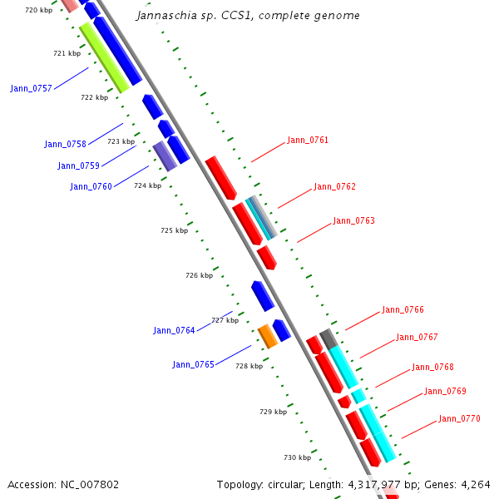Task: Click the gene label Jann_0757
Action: coord(31,88)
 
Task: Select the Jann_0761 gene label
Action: coord(308,140)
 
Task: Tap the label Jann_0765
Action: coord(193,364)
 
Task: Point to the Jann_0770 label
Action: coord(459,418)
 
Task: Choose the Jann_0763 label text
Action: coord(353,220)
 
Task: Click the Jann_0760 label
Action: coord(91,186)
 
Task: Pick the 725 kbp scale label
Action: coord(174,230)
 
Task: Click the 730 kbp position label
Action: coord(297,457)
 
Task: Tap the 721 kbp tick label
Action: coord(67,53)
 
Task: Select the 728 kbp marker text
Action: coord(249,366)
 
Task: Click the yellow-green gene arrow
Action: coord(104,57)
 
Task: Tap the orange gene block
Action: coord(267,336)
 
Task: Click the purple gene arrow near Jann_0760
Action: coord(165,156)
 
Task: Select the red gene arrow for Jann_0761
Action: coord(221,177)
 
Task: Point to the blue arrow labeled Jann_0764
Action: coord(263,296)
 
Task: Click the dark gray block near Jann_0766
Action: coord(329,338)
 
